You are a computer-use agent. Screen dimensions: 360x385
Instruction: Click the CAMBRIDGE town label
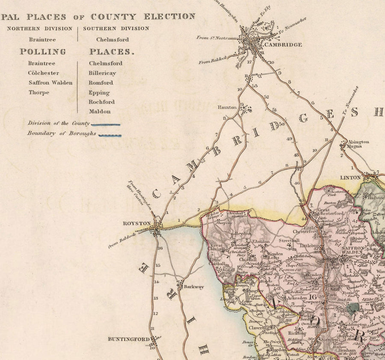(x=283, y=44)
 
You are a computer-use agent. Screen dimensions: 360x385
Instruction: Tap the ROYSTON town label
(x=137, y=224)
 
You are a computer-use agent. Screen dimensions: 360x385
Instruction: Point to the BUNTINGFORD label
(x=129, y=339)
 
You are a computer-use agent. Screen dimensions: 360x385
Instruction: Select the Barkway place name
(x=194, y=287)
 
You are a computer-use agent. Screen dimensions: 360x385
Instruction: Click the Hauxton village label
(x=227, y=107)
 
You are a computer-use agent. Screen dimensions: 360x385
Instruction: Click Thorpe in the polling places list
(x=39, y=92)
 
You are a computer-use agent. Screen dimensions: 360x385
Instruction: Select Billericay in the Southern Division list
(x=102, y=73)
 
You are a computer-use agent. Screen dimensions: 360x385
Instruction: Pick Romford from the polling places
(x=101, y=83)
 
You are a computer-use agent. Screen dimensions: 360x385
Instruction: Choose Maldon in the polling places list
(x=100, y=112)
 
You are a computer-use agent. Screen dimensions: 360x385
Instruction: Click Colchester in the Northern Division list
(x=44, y=73)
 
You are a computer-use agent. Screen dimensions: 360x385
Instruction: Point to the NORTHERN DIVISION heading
(x=39, y=29)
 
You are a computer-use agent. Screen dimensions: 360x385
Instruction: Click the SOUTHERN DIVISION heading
(x=116, y=29)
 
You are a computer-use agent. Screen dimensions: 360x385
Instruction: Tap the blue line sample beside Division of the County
(x=106, y=125)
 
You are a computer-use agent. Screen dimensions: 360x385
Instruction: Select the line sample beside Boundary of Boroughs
(x=110, y=135)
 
